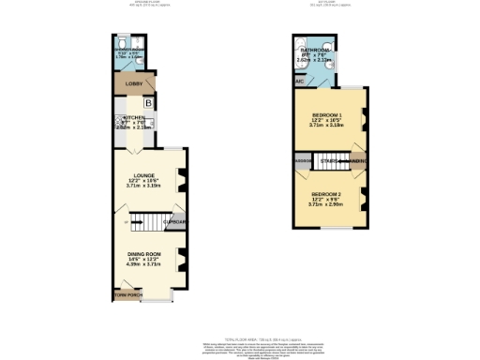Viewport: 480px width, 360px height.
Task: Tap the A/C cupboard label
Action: [x=299, y=81]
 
